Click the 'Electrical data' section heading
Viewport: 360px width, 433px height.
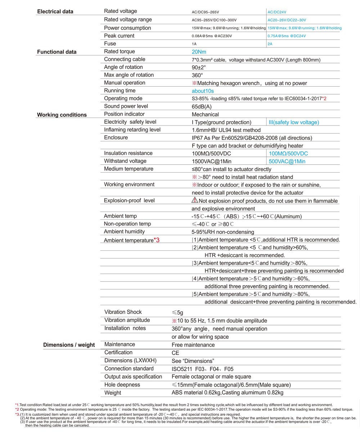click(x=55, y=12)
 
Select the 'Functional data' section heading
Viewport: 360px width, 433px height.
click(x=57, y=52)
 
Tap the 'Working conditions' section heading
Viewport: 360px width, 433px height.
click(x=62, y=115)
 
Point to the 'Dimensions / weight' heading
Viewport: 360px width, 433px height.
click(x=69, y=345)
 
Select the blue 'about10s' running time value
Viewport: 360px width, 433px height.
click(x=203, y=91)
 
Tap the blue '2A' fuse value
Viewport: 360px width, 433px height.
click(x=270, y=44)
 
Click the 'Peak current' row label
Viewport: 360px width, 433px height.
click(x=119, y=36)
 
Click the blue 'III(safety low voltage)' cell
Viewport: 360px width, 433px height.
click(x=294, y=123)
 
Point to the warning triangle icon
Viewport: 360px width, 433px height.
click(x=195, y=200)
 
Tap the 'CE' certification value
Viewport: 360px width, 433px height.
click(x=175, y=353)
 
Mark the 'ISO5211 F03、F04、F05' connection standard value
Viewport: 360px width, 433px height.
click(x=204, y=369)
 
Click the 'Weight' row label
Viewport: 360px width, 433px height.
click(x=113, y=392)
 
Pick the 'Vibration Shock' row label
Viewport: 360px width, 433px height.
click(x=123, y=312)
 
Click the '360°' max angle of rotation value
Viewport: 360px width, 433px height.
click(x=197, y=76)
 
